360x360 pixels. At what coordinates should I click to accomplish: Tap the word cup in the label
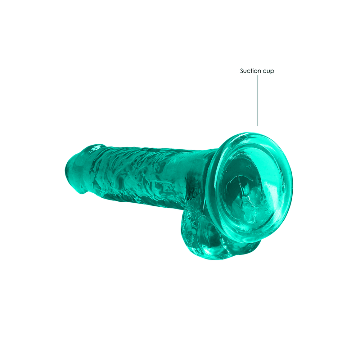[x=268, y=71]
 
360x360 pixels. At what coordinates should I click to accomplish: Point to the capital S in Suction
[x=242, y=71]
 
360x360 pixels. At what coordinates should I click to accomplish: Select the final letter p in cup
[x=273, y=72]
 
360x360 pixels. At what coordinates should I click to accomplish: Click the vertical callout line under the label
[x=258, y=101]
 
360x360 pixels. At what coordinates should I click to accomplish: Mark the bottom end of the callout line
[x=258, y=125]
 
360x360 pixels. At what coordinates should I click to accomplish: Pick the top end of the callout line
[x=258, y=76]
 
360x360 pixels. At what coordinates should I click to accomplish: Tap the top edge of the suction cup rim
[x=248, y=134]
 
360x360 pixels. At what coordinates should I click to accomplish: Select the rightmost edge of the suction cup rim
[x=292, y=187]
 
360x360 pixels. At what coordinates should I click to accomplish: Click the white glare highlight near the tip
[x=96, y=148]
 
